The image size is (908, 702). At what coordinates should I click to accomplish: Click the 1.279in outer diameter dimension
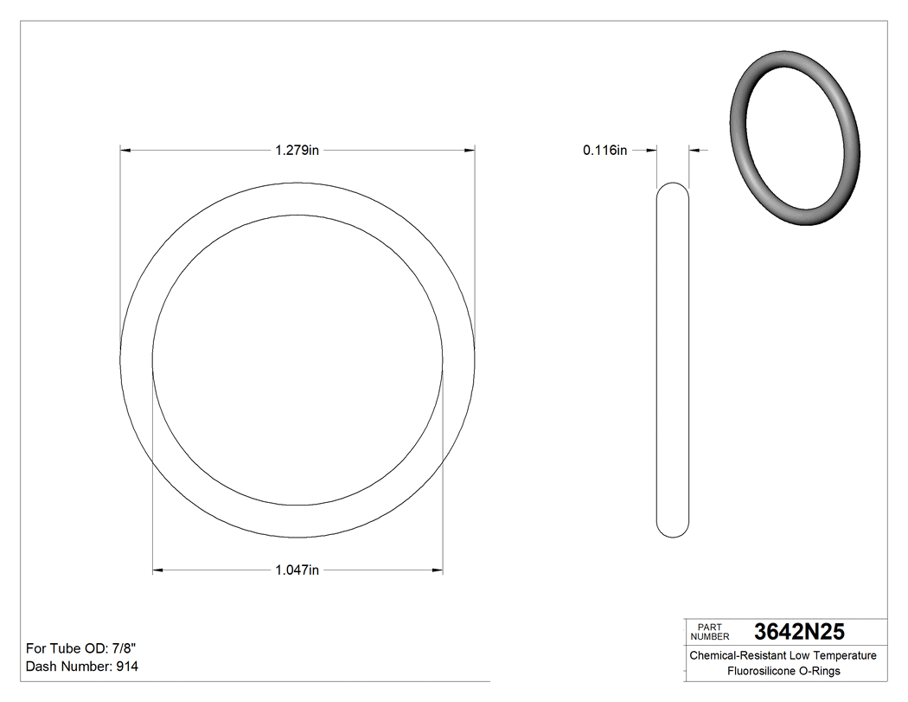point(297,151)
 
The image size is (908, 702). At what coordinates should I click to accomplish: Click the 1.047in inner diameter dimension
point(297,570)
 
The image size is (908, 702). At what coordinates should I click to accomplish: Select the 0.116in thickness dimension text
point(604,151)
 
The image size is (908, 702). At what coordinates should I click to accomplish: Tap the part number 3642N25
point(799,631)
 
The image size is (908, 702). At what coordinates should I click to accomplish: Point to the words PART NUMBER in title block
point(713,631)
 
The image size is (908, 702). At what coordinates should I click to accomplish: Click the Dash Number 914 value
point(126,667)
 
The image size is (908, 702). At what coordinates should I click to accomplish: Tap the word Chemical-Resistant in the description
point(736,655)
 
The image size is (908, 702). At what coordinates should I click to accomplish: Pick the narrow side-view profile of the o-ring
point(673,359)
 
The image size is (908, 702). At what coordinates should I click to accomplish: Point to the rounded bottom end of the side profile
point(673,530)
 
